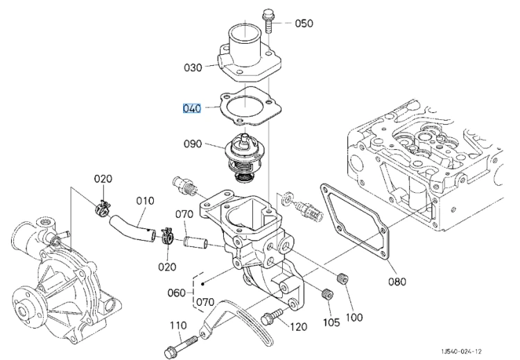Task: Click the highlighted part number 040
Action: point(192,108)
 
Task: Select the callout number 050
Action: point(304,23)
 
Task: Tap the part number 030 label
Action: point(193,68)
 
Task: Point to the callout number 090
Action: point(193,144)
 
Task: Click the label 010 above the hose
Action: point(146,200)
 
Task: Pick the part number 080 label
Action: point(397,282)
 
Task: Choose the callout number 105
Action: point(331,322)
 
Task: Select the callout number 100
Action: point(354,317)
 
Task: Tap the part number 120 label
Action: point(298,327)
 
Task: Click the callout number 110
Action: point(178,325)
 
